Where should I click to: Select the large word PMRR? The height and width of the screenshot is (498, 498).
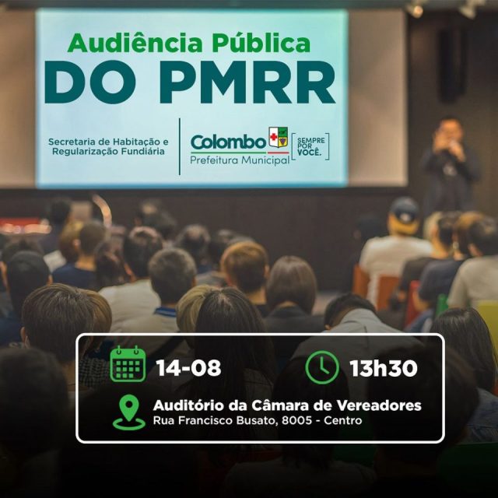(x=247, y=82)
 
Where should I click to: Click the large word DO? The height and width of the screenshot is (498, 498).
(x=90, y=82)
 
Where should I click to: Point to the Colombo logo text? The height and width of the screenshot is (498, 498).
(x=228, y=142)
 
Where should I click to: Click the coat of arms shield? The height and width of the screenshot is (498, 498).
(x=279, y=137)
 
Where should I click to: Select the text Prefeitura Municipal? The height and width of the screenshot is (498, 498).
(x=240, y=160)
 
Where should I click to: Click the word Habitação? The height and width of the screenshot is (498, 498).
(x=138, y=142)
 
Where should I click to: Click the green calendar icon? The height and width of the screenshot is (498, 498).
(x=128, y=363)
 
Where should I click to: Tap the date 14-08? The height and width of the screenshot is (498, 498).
(x=188, y=368)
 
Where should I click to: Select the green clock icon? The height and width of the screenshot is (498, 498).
(x=322, y=367)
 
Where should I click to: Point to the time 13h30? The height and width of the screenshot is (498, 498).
(x=384, y=368)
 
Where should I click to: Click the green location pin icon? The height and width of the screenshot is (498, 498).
(x=129, y=412)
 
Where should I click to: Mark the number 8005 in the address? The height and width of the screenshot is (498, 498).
(x=296, y=420)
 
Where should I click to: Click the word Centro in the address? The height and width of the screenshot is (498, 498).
(x=343, y=420)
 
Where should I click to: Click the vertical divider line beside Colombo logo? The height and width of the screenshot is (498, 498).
(x=180, y=146)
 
